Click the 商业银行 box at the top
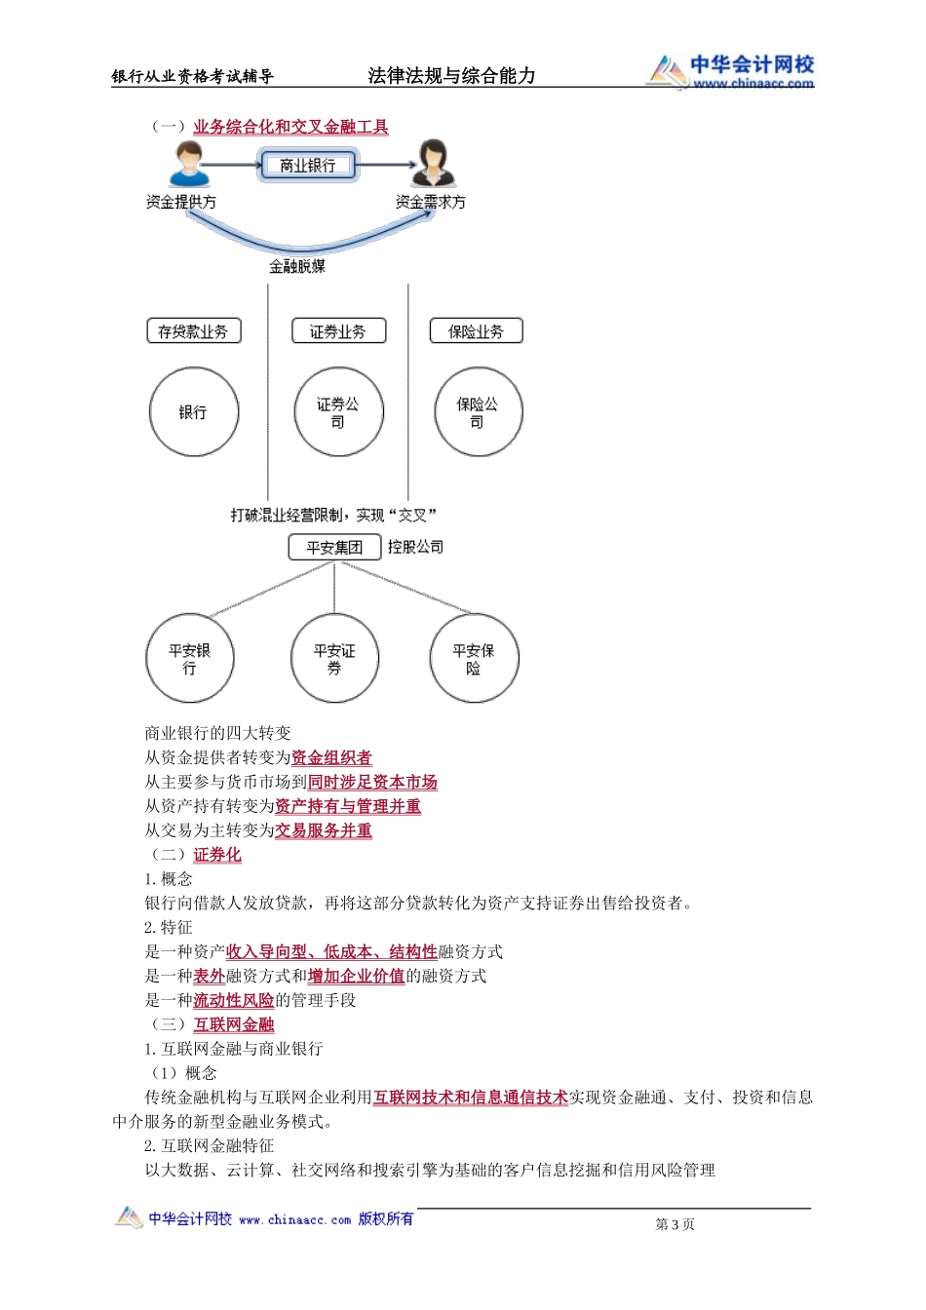coord(307,166)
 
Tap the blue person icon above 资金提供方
coord(188,165)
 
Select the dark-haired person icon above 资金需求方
coord(432,164)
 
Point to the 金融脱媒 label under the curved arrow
coord(297,266)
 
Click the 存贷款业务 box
coord(193,331)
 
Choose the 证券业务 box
coord(338,331)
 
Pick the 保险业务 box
coord(476,331)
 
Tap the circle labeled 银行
coord(193,412)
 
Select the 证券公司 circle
coord(338,412)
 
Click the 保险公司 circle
coord(478,412)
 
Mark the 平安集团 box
coord(334,548)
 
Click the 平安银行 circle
coord(189,659)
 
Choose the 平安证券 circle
coord(334,659)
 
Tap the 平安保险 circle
coord(474,659)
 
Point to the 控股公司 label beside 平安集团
coord(415,547)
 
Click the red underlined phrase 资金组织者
coord(331,757)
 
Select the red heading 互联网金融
coord(234,1024)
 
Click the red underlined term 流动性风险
coord(234,1000)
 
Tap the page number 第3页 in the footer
coord(675,1224)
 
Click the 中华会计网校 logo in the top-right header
coord(731,71)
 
